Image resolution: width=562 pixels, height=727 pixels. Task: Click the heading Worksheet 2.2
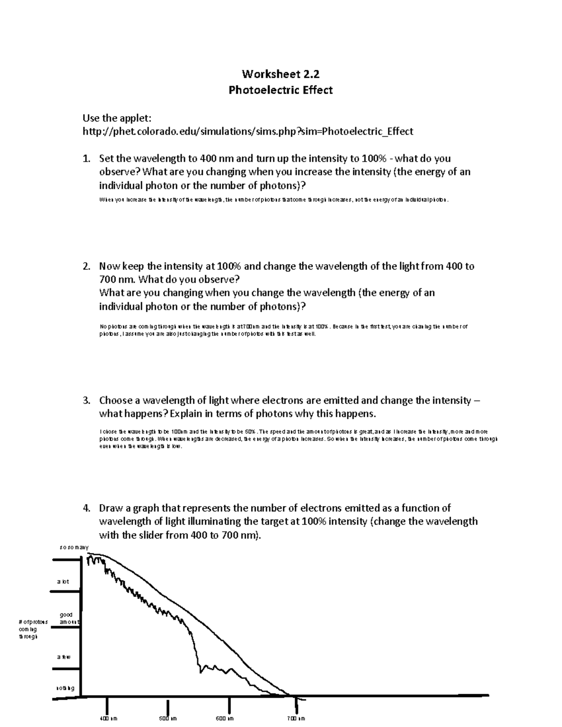pyautogui.click(x=281, y=73)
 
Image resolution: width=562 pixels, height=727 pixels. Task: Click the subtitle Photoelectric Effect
pyautogui.click(x=281, y=90)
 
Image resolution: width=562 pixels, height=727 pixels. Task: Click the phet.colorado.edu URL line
pyautogui.click(x=247, y=132)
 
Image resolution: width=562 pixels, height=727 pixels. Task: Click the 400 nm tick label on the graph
pyautogui.click(x=108, y=719)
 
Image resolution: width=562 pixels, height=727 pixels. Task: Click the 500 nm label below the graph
pyautogui.click(x=168, y=719)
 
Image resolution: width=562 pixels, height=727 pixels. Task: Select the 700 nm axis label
pyautogui.click(x=296, y=719)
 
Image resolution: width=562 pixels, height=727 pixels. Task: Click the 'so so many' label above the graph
pyautogui.click(x=74, y=547)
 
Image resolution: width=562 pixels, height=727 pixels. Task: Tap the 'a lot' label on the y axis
pyautogui.click(x=63, y=581)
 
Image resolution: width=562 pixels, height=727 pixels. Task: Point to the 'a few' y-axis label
pyautogui.click(x=64, y=657)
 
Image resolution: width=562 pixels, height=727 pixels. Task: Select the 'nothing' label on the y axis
pyautogui.click(x=65, y=688)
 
